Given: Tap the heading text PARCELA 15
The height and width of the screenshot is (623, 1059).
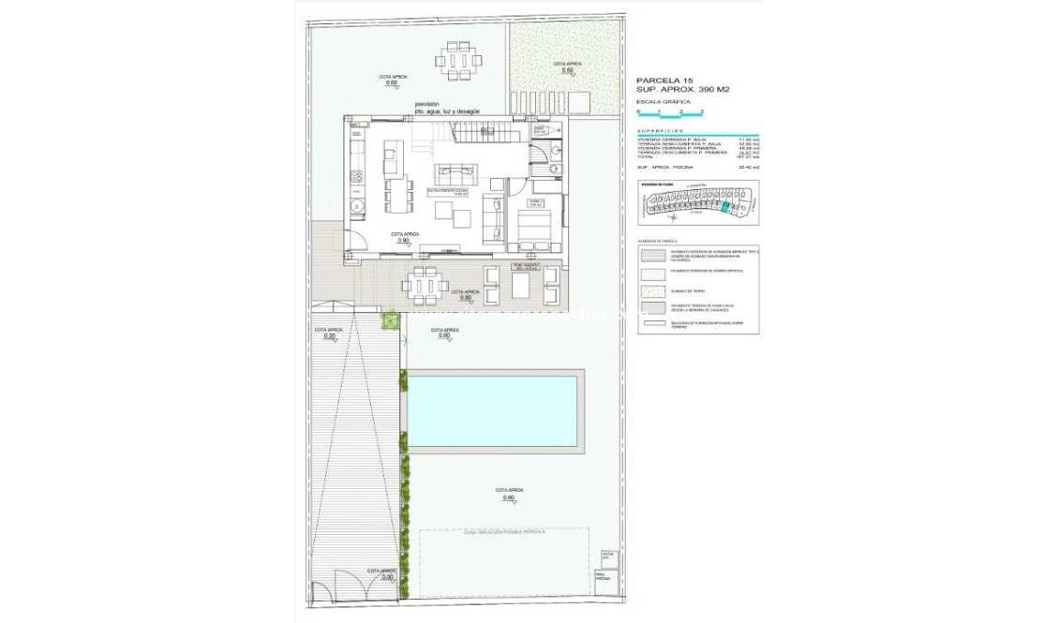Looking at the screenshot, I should click(x=665, y=81).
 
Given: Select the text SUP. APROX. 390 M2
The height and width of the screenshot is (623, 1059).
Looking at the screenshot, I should click(x=682, y=90).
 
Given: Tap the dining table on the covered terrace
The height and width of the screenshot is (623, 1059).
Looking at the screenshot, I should click(x=425, y=283).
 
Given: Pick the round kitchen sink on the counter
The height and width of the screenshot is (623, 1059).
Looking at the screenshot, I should click(x=355, y=206).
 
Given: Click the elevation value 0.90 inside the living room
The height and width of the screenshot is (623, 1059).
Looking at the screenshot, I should click(x=404, y=241).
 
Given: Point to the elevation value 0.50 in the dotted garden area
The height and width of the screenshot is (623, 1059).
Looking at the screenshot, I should click(x=566, y=70).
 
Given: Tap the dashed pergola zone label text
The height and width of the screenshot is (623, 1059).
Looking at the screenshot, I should click(x=503, y=531).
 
